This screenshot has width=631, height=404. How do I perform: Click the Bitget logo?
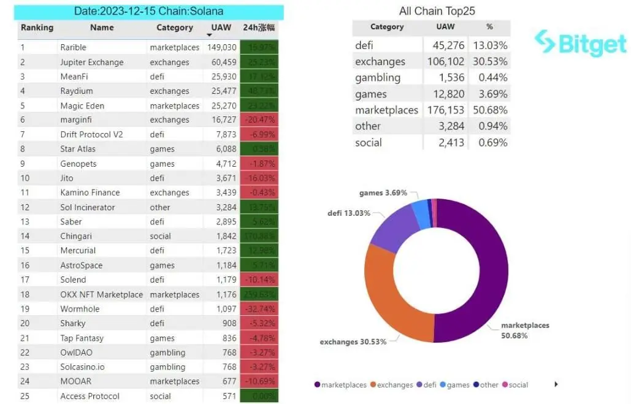coord(580,42)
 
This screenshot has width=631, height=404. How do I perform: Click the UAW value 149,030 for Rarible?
coord(221,47)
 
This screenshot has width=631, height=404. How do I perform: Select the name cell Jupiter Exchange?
coord(91,62)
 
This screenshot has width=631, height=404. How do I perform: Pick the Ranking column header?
coord(37,28)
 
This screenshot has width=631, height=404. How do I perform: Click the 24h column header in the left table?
coord(259,28)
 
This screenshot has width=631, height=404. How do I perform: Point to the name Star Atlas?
coord(78,149)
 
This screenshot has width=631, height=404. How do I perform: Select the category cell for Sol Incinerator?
coord(160,207)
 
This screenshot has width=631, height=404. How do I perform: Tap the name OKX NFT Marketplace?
coord(101,294)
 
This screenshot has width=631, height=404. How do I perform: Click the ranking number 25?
coord(25,396)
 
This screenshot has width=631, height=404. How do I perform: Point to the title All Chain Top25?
coord(437,11)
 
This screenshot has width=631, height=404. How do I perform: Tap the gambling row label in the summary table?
coord(377,78)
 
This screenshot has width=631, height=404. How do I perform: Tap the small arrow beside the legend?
coord(556,384)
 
